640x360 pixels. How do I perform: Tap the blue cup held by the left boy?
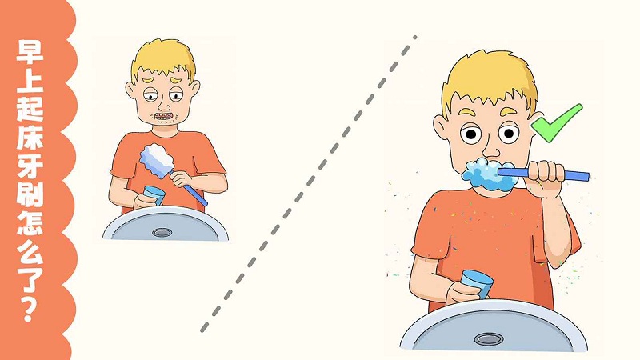click(154, 195)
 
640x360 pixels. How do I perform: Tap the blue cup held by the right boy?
click(476, 284)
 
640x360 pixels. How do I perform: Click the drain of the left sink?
click(162, 233)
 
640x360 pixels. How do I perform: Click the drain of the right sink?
click(489, 338)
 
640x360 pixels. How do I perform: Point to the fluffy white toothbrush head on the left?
click(157, 161)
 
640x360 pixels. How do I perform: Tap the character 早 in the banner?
click(30, 51)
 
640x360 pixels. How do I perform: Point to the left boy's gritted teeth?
click(163, 116)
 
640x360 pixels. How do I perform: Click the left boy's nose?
click(163, 106)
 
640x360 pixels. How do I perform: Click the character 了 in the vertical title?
click(30, 278)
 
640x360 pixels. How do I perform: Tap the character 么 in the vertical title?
click(30, 250)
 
